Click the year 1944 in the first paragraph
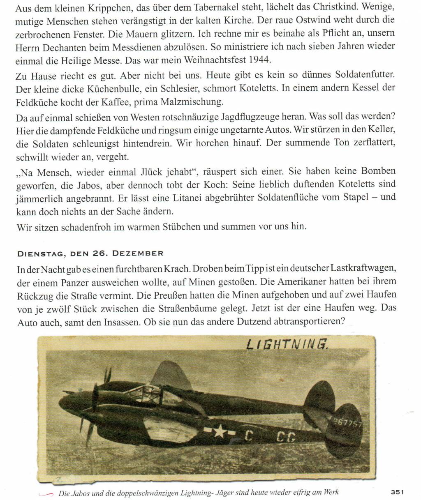point(260,60)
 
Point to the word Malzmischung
point(199,101)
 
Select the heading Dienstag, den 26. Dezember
point(90,253)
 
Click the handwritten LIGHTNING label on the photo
point(287,344)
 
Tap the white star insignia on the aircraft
point(220,431)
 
